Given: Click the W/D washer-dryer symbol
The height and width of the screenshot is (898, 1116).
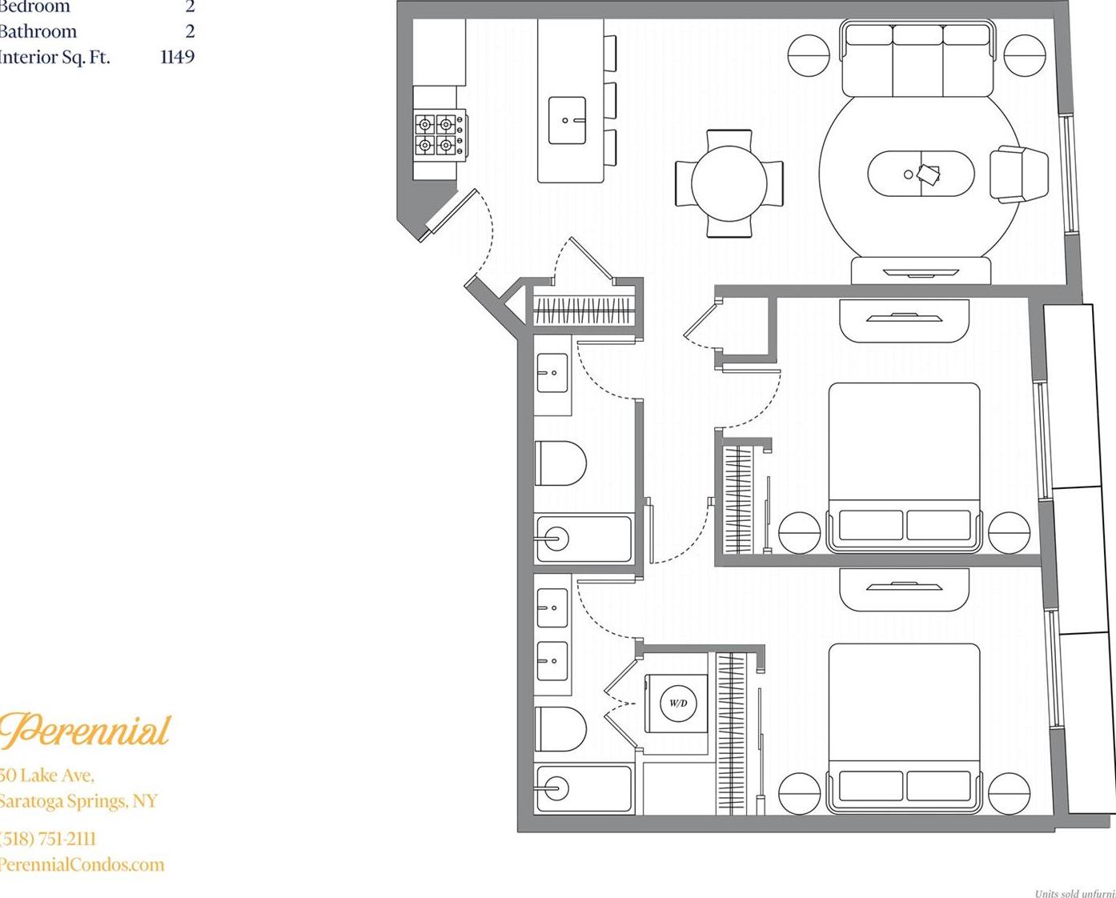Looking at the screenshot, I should pyautogui.click(x=677, y=704).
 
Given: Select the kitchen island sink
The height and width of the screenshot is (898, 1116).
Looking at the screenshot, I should pyautogui.click(x=567, y=121).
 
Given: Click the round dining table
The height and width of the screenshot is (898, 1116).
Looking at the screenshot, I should pyautogui.click(x=729, y=183).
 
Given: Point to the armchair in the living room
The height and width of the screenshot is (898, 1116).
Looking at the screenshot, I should pyautogui.click(x=1018, y=174).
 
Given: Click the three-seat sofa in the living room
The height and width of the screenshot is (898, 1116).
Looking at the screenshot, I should pyautogui.click(x=917, y=59).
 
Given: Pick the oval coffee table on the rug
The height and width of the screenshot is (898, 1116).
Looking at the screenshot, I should pyautogui.click(x=921, y=174).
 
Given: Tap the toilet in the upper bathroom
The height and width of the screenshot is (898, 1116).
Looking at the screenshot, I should pyautogui.click(x=560, y=463).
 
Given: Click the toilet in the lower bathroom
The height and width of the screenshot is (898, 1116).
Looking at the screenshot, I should pyautogui.click(x=560, y=728).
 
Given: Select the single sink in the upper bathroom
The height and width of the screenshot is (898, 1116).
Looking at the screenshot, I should pyautogui.click(x=552, y=372).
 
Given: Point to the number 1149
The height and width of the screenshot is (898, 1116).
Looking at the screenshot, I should pyautogui.click(x=177, y=57).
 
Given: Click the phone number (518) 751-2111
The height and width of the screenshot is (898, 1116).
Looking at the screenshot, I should pyautogui.click(x=48, y=839).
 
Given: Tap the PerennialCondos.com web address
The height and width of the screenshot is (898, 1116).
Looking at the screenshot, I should pyautogui.click(x=82, y=864).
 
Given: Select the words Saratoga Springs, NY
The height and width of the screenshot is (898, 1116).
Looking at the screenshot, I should pyautogui.click(x=78, y=801).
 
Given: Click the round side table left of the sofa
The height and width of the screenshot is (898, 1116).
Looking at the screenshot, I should pyautogui.click(x=809, y=55).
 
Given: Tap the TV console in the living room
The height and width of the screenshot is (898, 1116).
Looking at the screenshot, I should pyautogui.click(x=921, y=271).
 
